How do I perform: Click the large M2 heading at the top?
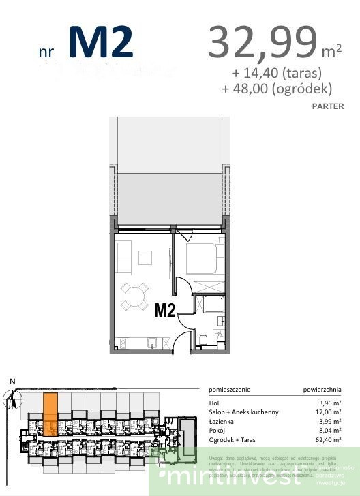[x=100, y=42]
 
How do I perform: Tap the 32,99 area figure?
[x=262, y=42]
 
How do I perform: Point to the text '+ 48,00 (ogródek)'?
[x=276, y=89]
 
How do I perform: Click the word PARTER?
[x=327, y=106]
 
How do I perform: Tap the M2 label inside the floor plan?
[x=166, y=311]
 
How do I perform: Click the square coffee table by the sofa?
[x=146, y=258]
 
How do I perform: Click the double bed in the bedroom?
[x=202, y=260]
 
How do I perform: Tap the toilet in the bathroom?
[x=204, y=339]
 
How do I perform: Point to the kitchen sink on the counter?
[x=153, y=342]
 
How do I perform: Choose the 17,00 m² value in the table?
[x=327, y=412]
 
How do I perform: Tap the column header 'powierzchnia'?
[x=322, y=390]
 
